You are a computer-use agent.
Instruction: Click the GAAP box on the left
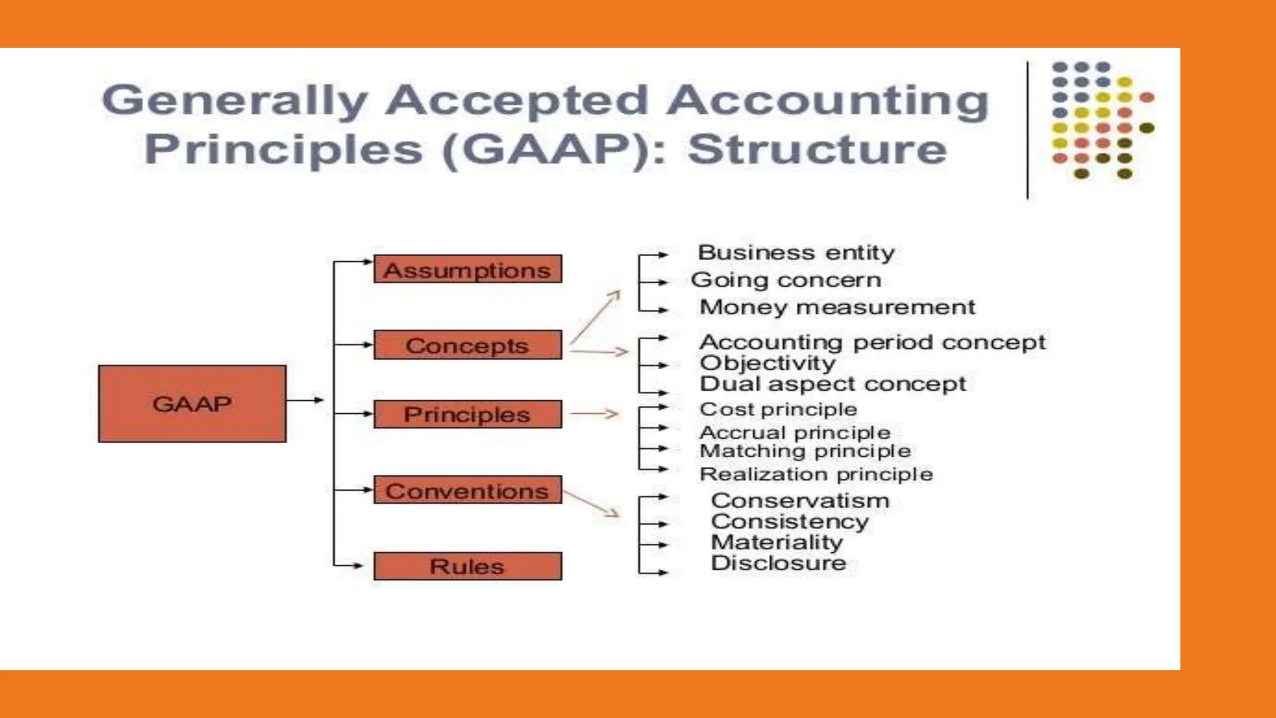point(192,404)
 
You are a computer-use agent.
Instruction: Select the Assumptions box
point(467,269)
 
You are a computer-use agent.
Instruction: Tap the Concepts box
point(467,345)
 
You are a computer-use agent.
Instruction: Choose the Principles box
point(467,414)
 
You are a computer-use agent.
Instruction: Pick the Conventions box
point(467,490)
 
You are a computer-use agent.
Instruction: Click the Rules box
point(467,566)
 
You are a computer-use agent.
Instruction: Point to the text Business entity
point(796,252)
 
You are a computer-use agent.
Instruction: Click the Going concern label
point(786,280)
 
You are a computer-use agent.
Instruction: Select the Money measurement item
point(837,307)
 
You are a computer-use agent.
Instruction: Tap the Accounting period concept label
point(872,342)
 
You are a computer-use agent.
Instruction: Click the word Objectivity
point(767,363)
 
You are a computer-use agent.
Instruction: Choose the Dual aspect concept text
point(832,384)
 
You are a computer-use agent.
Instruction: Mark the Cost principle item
point(778,409)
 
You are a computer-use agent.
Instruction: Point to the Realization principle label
point(816,474)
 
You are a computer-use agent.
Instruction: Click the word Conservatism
point(800,500)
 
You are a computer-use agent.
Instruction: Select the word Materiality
point(776,542)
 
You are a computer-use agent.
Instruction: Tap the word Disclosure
point(778,563)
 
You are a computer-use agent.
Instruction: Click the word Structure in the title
point(817,150)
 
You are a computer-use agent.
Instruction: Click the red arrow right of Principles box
point(594,413)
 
